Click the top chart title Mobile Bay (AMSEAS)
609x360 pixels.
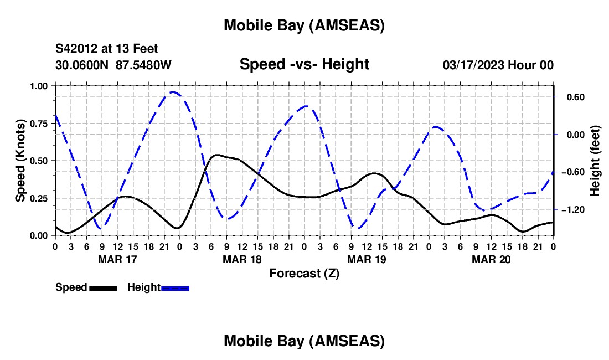coord(304,25)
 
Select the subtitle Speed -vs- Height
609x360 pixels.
coord(304,64)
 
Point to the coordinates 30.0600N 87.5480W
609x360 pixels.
coord(113,65)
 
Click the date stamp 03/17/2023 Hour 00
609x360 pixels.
coord(498,65)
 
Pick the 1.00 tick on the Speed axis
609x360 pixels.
coord(39,86)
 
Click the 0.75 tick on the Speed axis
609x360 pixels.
coord(39,124)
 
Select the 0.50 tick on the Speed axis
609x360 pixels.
coord(39,161)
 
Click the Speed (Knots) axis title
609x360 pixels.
coord(20,161)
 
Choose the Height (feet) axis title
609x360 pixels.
coord(595,161)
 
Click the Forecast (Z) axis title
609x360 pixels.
coord(304,273)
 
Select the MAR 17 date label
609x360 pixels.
coord(117,259)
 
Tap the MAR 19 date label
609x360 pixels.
coord(366,259)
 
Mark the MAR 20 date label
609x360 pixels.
coord(491,259)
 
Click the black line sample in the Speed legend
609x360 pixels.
coord(102,288)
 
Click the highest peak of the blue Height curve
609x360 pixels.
coord(173,92)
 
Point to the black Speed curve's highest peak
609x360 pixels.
coord(216,155)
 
